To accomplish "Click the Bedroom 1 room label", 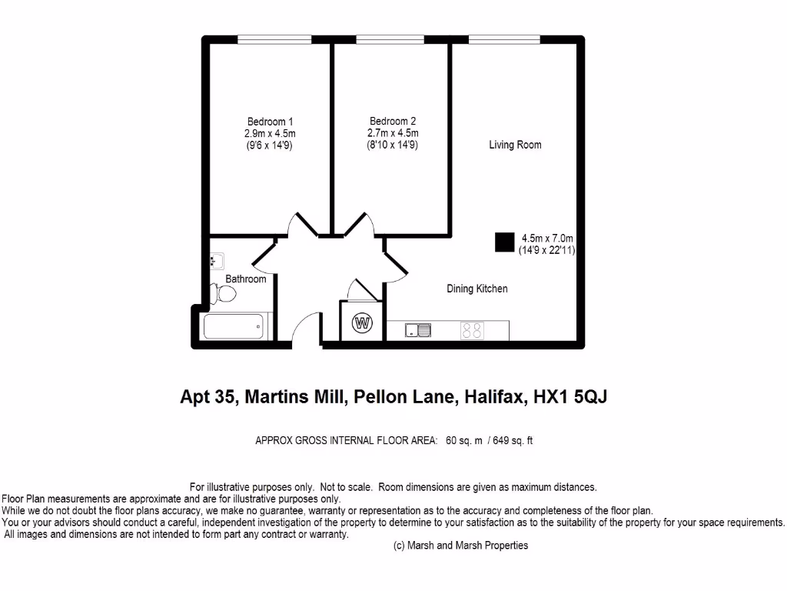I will coord(270,122).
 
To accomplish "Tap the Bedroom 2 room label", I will coord(393,122).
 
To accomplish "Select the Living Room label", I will coord(515,145).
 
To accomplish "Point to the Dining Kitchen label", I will coord(477,289).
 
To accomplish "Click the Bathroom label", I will coord(246,279).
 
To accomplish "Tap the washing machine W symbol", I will coord(361,323).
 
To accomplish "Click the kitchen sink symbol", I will coord(419,331).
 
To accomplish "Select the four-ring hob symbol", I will coord(472,331).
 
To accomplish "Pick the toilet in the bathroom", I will coord(224,293).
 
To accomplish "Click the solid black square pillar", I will coord(503,242).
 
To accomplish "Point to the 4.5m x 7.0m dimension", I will coord(547,239).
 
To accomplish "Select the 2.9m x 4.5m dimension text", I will coord(270,132).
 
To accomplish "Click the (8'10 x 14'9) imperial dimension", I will coord(392,144).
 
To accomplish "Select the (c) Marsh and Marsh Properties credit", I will coord(460,546).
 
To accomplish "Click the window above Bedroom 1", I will coord(274,38).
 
